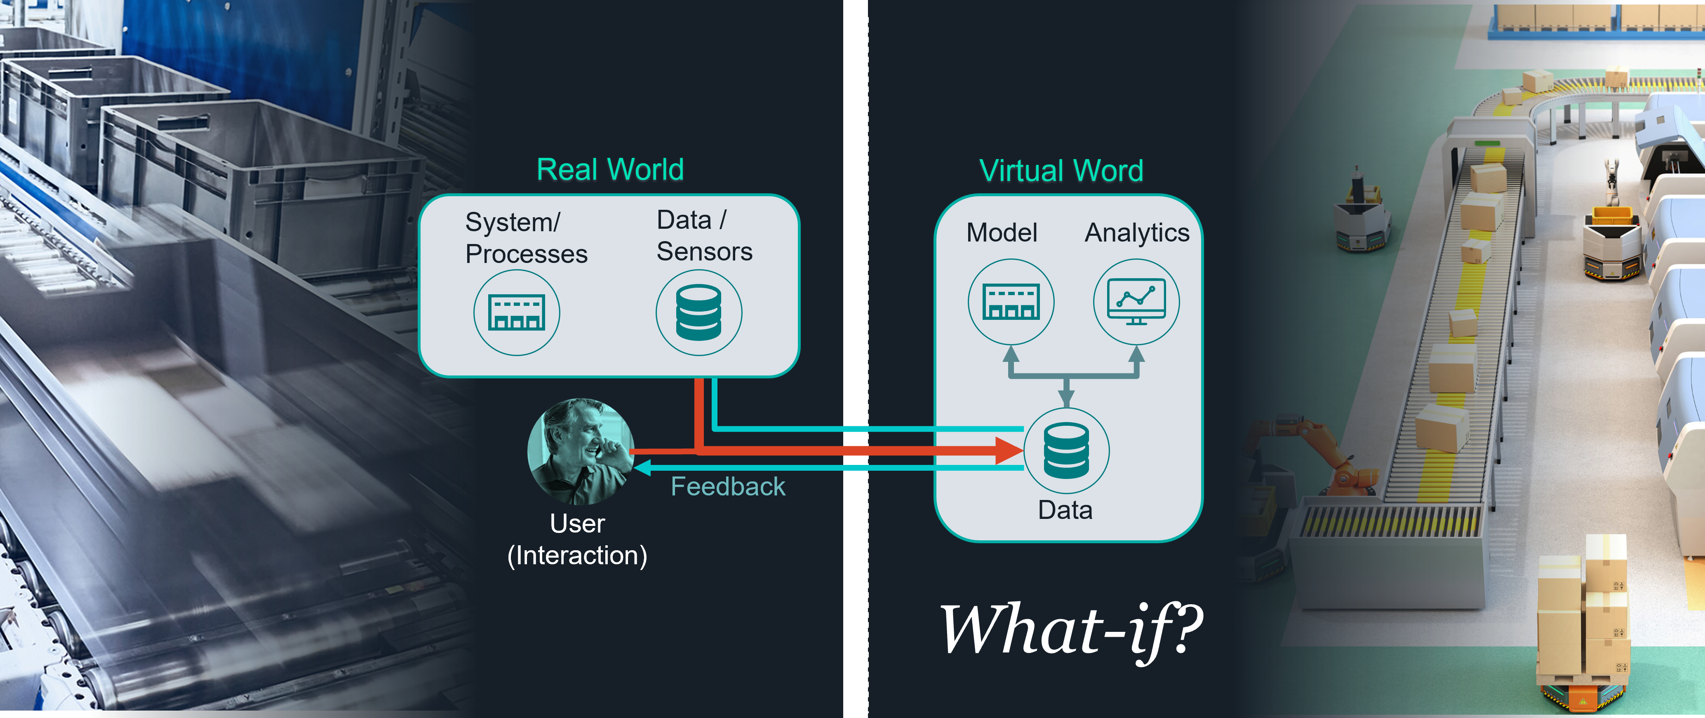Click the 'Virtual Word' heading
click(1061, 171)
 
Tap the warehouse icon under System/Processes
click(516, 312)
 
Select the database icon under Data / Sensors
click(698, 312)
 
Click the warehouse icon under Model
click(1011, 302)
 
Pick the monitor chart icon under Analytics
click(1136, 302)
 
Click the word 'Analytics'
click(1136, 233)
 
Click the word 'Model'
click(1002, 233)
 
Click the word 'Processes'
click(526, 254)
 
